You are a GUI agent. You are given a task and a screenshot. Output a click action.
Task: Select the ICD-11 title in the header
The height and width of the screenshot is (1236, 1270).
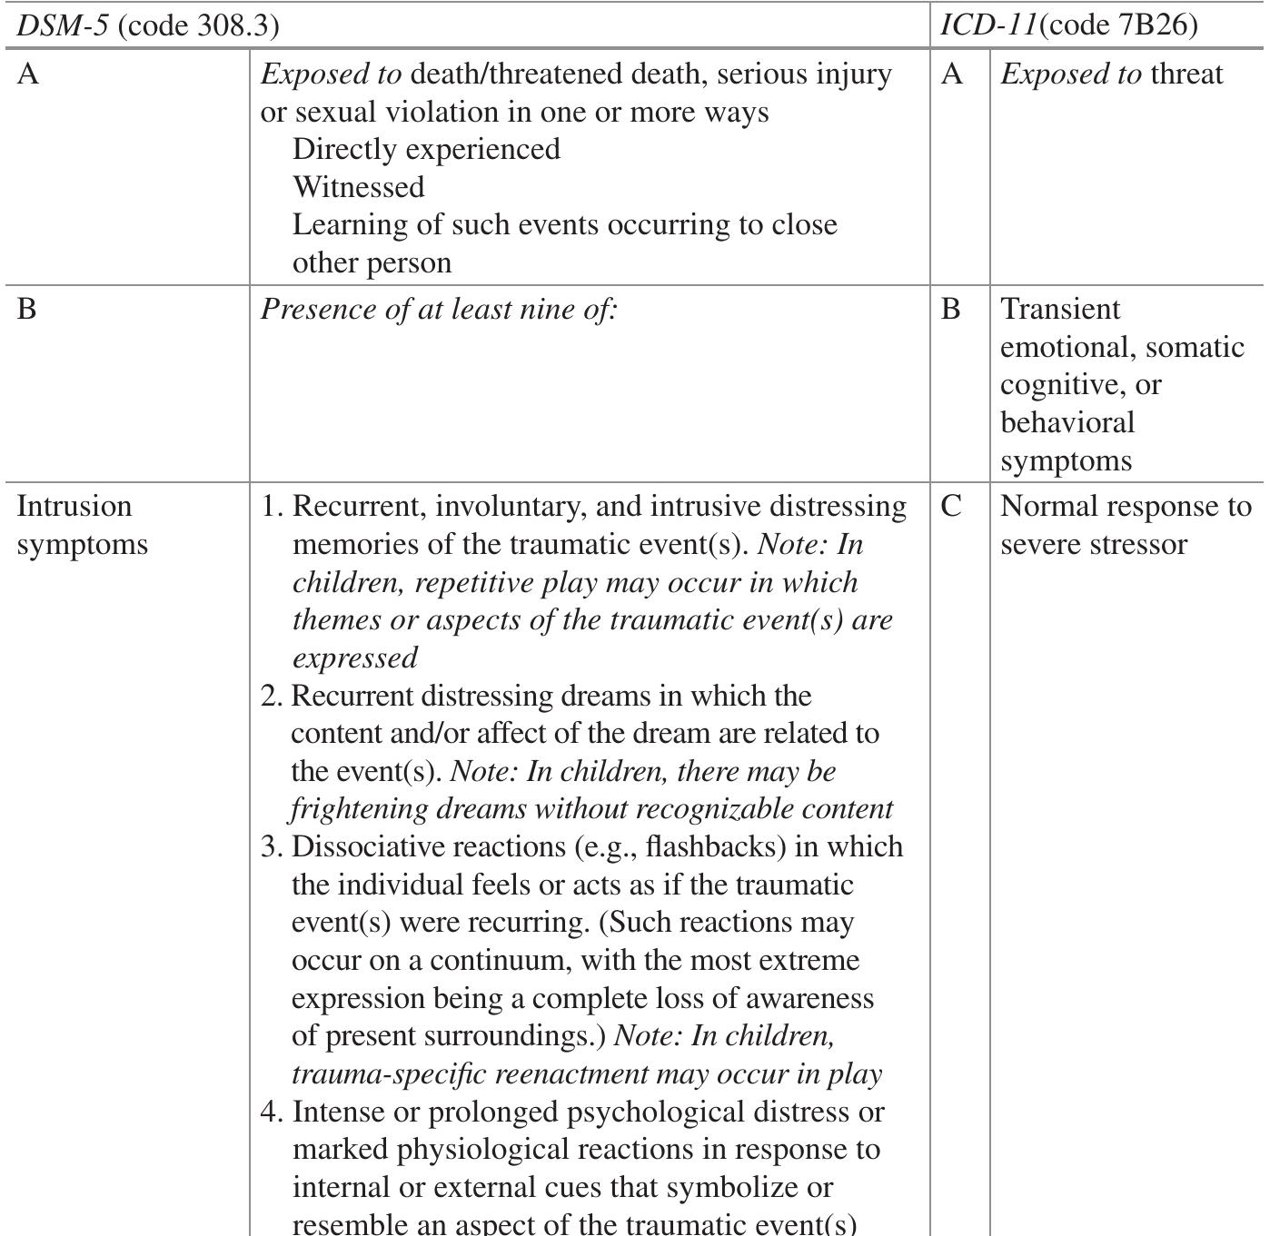[988, 25]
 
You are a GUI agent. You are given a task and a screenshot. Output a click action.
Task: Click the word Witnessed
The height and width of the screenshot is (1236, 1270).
[358, 187]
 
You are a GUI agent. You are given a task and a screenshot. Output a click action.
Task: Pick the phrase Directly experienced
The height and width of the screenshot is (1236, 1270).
[426, 149]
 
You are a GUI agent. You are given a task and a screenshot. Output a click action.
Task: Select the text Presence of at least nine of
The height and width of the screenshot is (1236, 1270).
[439, 310]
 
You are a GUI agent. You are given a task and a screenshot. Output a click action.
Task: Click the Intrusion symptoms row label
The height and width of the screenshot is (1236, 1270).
[82, 525]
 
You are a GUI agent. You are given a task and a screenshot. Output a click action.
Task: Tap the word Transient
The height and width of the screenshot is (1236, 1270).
[1060, 310]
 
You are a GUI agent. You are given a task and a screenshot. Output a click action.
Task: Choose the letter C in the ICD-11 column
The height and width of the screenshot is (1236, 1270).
[951, 507]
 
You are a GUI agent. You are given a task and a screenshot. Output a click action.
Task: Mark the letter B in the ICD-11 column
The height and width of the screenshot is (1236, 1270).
[951, 310]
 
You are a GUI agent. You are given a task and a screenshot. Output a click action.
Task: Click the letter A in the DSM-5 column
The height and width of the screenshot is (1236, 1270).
[28, 74]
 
